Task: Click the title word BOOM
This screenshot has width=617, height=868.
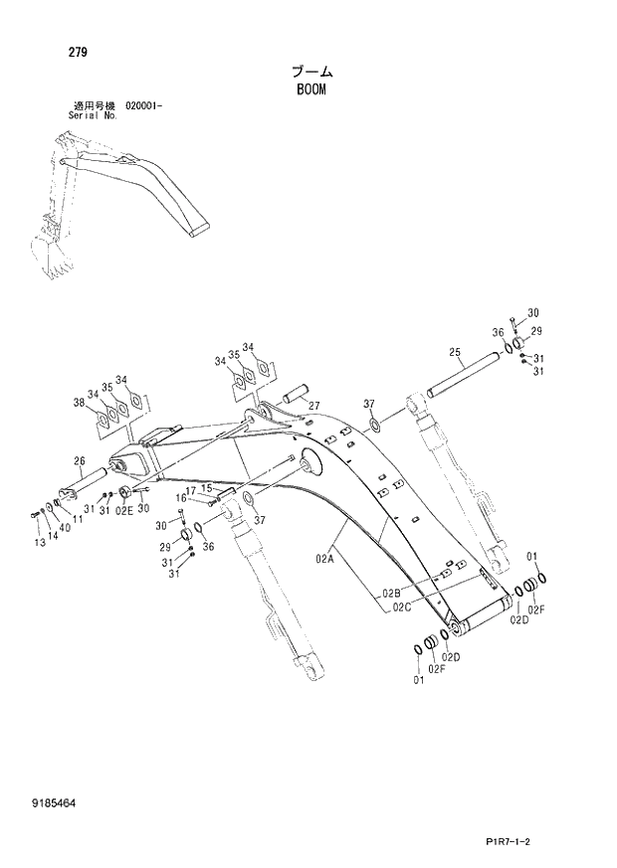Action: (310, 89)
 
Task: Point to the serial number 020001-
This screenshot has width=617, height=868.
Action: (145, 105)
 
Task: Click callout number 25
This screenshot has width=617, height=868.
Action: (454, 352)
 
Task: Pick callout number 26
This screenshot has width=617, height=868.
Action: (80, 460)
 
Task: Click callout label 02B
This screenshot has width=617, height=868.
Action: (389, 595)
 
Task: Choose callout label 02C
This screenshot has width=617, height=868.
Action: (402, 607)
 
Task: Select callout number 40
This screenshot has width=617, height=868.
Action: (65, 528)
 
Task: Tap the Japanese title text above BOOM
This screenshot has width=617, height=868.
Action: (311, 72)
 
